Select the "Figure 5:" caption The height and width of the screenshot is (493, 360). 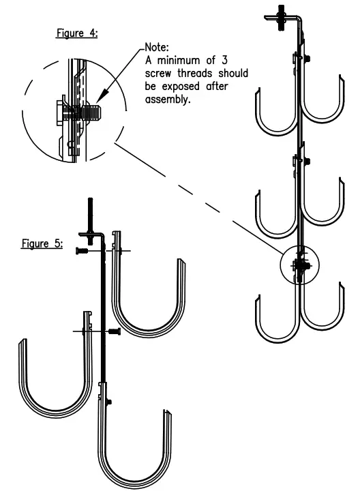pyautogui.click(x=42, y=243)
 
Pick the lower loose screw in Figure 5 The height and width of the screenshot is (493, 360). pyautogui.click(x=112, y=331)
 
